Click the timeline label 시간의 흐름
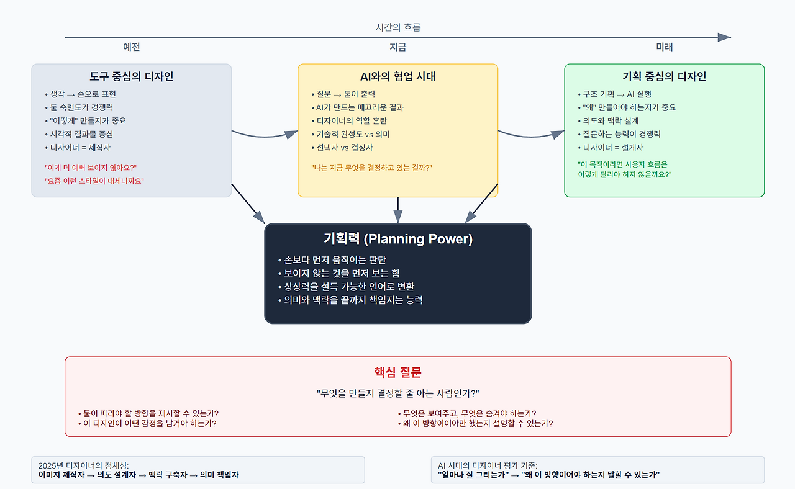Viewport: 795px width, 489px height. (398, 27)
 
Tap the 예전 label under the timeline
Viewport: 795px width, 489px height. (131, 47)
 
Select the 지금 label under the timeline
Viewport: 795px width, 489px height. (397, 47)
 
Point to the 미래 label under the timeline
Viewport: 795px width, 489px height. (664, 47)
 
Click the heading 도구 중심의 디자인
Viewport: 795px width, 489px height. (131, 77)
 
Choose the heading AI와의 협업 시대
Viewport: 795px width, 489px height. (397, 77)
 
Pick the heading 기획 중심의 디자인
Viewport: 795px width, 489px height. (664, 77)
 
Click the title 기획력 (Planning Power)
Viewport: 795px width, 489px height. (397, 239)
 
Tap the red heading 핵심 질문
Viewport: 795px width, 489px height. (397, 372)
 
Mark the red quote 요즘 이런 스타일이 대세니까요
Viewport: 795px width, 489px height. (94, 181)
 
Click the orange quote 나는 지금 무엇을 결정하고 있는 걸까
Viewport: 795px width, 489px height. (371, 168)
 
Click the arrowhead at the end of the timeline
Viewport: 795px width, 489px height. (724, 37)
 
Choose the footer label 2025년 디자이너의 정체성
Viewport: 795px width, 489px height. (83, 465)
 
